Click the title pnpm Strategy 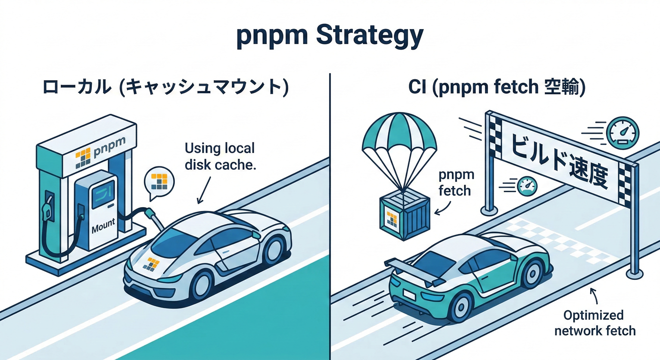[330, 37]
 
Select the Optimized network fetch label [595, 322]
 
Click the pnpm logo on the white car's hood [151, 263]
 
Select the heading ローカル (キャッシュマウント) [165, 88]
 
